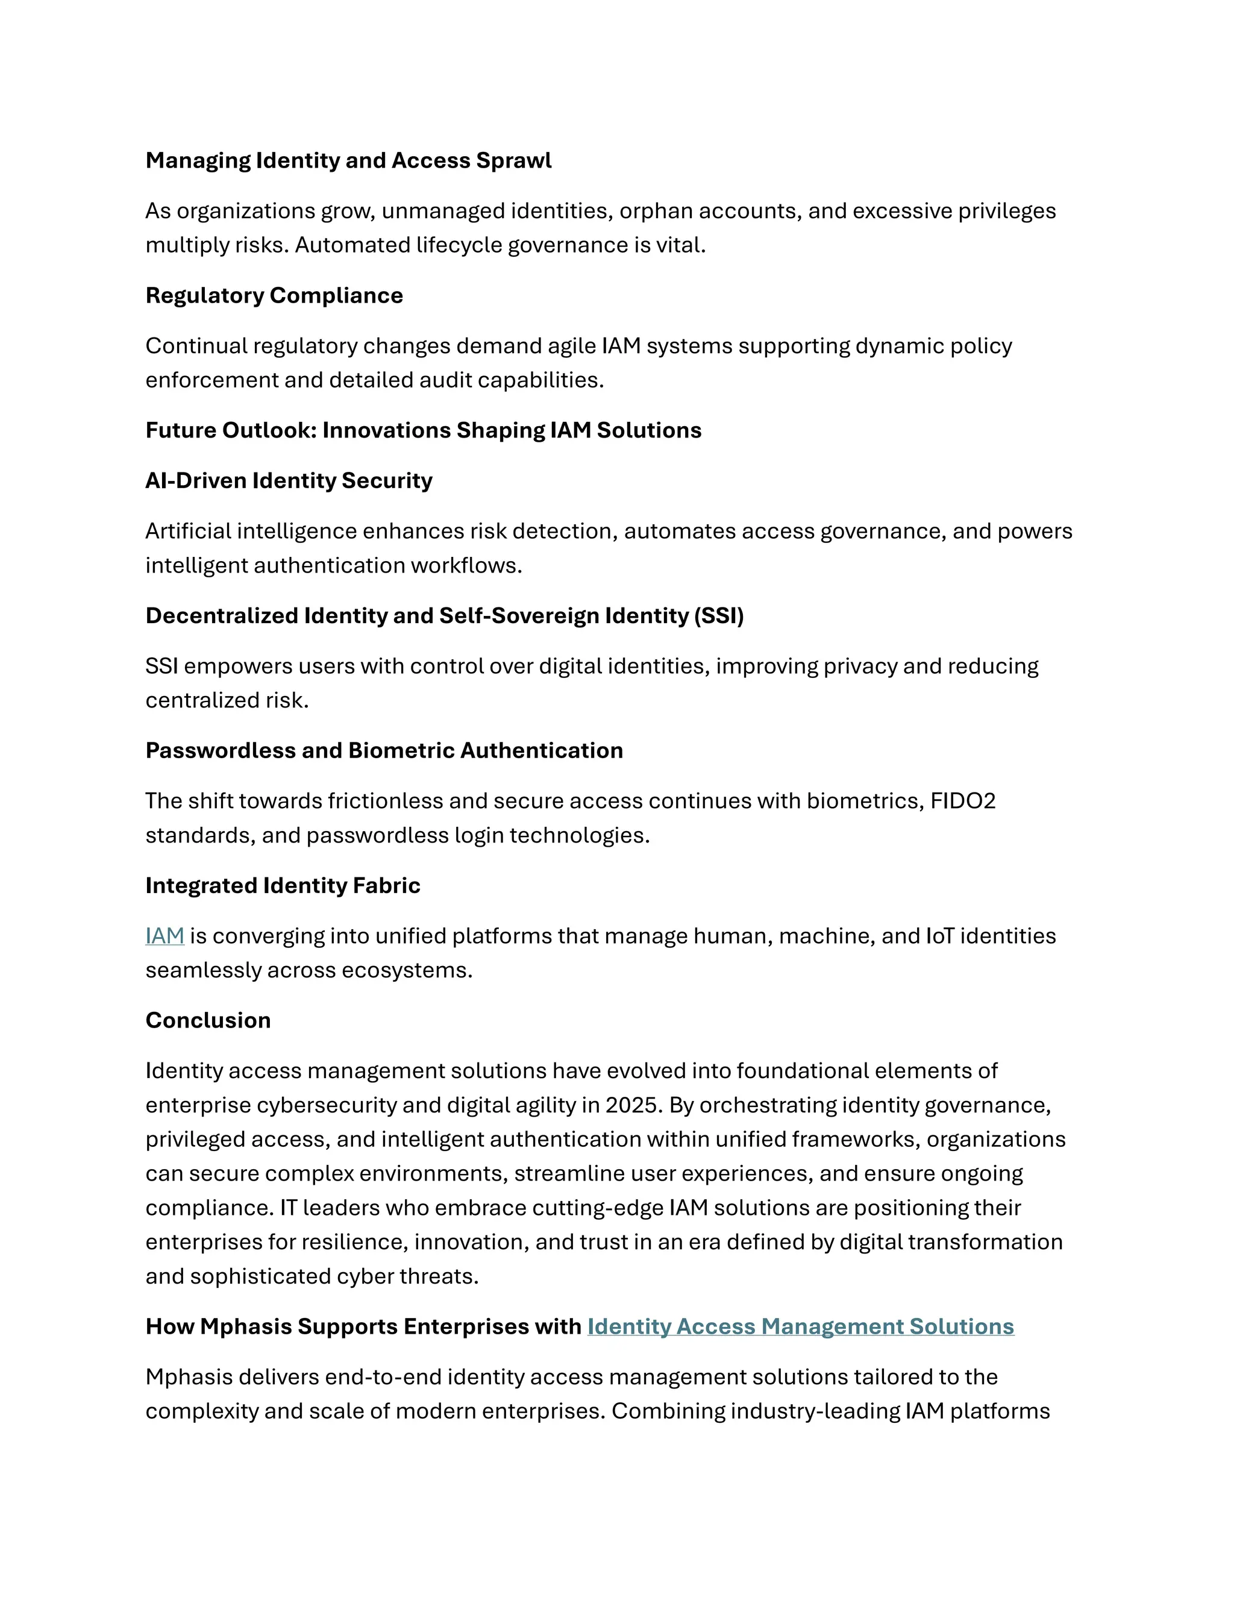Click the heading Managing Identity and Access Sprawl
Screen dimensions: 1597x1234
(348, 160)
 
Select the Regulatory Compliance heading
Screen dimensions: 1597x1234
(274, 295)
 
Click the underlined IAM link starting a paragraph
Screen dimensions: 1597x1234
(164, 936)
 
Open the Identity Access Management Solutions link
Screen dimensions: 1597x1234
(801, 1326)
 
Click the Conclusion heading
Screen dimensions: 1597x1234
(208, 1020)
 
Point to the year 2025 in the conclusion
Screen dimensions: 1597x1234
(633, 1105)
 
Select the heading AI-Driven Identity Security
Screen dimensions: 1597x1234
(289, 480)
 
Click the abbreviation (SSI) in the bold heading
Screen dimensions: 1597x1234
(719, 616)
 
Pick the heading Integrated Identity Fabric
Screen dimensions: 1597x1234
(283, 885)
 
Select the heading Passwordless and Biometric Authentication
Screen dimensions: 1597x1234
(384, 750)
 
